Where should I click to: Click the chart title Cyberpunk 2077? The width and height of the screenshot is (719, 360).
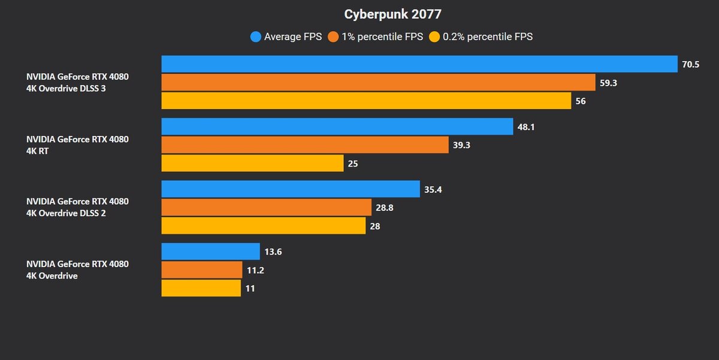(x=388, y=14)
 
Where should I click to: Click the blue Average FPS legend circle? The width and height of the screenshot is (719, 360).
(x=256, y=37)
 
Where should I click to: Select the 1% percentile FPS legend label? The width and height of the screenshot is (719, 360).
(x=382, y=37)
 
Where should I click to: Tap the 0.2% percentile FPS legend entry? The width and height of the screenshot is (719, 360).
(x=487, y=37)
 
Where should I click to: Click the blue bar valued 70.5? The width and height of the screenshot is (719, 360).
(x=419, y=64)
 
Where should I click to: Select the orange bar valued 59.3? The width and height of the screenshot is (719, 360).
(x=378, y=83)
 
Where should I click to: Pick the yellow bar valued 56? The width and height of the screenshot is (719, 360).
(x=366, y=101)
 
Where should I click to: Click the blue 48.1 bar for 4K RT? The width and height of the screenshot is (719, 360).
(x=337, y=126)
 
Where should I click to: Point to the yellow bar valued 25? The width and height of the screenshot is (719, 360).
(x=252, y=163)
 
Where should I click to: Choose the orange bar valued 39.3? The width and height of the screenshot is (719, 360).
(x=305, y=145)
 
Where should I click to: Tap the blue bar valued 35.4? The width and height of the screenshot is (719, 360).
(x=291, y=189)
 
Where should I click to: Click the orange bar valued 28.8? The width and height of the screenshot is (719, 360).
(x=267, y=207)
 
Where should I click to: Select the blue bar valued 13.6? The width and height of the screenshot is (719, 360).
(x=210, y=252)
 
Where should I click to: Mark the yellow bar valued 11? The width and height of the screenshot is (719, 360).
(x=201, y=288)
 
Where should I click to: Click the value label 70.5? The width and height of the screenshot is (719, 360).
(x=691, y=64)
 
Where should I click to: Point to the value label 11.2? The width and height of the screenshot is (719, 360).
(x=255, y=270)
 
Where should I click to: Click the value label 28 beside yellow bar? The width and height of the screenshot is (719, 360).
(x=375, y=226)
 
